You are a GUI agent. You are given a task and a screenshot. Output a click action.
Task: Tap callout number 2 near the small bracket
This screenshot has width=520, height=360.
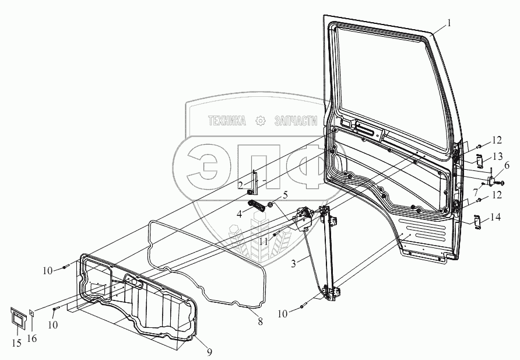coord(240,185)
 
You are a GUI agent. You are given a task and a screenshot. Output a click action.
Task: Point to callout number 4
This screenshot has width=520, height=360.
coord(240,214)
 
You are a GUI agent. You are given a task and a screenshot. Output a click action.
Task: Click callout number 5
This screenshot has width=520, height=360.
coord(285,194)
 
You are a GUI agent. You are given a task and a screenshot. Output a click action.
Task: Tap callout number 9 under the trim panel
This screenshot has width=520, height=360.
coord(209,351)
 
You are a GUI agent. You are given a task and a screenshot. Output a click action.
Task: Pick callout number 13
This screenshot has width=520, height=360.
coord(497,156)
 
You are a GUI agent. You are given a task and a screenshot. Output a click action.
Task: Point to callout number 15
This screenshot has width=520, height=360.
coord(17,342)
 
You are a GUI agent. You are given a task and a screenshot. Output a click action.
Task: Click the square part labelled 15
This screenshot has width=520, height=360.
coord(19,319)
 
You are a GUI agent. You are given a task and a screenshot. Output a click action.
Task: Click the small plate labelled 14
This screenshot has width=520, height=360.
coord(476,222)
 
